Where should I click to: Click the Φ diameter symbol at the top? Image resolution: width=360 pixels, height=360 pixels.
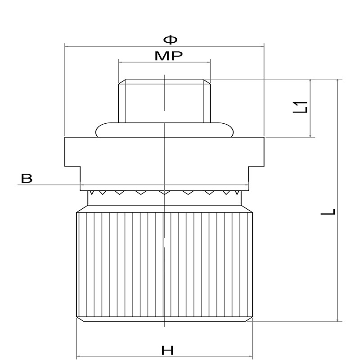[x=171, y=40]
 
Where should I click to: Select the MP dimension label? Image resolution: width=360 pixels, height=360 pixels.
[x=168, y=56]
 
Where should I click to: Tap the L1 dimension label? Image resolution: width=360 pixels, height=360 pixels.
[x=300, y=107]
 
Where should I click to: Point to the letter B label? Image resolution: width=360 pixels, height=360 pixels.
[x=27, y=178]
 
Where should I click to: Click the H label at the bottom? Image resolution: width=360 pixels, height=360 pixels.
[x=167, y=351]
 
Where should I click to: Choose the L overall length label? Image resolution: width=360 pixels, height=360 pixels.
[x=328, y=212]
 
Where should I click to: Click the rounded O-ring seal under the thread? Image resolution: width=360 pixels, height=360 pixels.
[x=165, y=130]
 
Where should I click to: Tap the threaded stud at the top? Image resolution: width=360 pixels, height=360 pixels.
[x=164, y=101]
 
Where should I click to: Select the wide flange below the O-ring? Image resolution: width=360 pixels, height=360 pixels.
[x=164, y=152]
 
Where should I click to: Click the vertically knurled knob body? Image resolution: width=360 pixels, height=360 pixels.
[x=164, y=265]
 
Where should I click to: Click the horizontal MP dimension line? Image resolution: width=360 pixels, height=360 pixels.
[x=164, y=62]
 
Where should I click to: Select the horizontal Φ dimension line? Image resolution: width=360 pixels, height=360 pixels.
[x=164, y=46]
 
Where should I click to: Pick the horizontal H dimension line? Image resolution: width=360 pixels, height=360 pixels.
[x=164, y=356]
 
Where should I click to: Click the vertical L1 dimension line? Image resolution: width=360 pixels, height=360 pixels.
[x=310, y=108]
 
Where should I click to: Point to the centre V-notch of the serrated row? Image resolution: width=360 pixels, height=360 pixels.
[x=164, y=193]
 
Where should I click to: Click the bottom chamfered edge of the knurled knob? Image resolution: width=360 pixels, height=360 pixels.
[x=164, y=319]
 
